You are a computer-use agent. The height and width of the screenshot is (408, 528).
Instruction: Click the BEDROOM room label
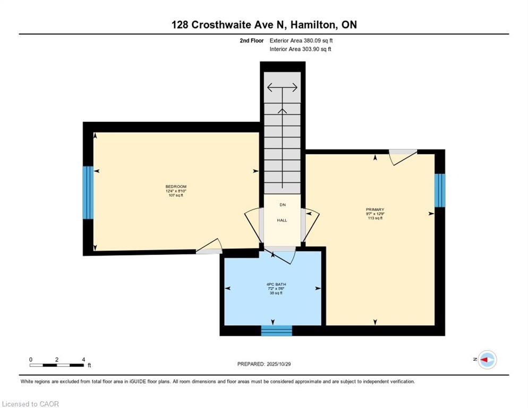176,186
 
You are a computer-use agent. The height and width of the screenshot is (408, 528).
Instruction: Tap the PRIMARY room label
376,210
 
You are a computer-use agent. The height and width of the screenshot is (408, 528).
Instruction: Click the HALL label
282,220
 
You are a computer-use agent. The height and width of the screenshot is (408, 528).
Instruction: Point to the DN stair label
282,204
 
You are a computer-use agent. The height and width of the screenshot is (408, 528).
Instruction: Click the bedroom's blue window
88,193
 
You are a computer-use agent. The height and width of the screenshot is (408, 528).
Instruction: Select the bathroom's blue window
276,330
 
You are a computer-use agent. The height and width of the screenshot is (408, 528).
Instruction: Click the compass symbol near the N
487,360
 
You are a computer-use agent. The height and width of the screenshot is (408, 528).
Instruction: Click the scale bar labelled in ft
57,365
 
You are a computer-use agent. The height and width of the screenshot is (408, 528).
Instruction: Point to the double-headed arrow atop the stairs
282,87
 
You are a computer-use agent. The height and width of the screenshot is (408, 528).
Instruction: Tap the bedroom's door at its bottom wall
209,247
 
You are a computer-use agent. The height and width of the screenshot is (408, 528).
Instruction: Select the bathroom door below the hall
282,255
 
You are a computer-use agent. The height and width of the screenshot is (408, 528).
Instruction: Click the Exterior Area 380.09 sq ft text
301,40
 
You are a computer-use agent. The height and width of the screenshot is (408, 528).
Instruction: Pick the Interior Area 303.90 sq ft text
301,49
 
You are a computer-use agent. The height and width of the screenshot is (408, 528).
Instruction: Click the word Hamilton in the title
314,24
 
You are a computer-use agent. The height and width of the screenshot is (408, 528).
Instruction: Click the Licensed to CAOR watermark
30,404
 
